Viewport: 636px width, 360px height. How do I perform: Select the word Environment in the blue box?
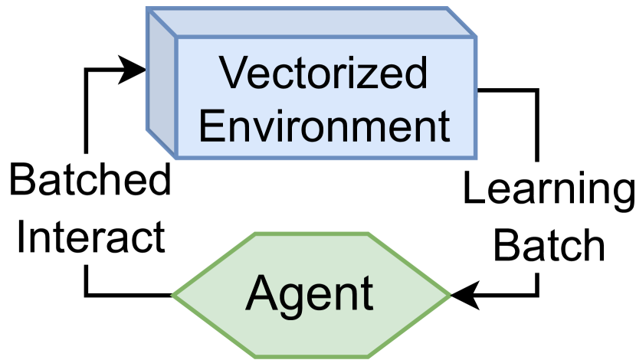(325, 125)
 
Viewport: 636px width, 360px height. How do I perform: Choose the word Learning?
(549, 190)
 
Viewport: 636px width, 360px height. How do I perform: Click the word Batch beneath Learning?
(549, 244)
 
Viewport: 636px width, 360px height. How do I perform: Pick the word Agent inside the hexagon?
(310, 293)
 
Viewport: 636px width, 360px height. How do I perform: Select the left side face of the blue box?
(162, 84)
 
